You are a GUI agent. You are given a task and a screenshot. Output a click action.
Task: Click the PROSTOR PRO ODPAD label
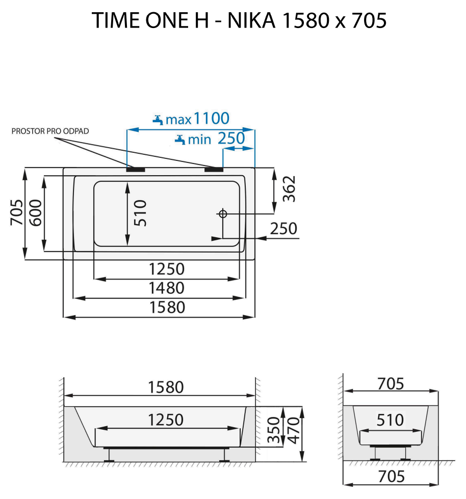pyautogui.click(x=50, y=131)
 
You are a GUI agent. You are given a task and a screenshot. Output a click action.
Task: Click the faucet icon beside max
pyautogui.click(x=158, y=120)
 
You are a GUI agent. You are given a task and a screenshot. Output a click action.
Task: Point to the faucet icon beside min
pyautogui.click(x=179, y=139)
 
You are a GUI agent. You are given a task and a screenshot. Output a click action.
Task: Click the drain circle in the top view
pyautogui.click(x=222, y=214)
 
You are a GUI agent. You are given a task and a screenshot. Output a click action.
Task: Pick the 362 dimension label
pyautogui.click(x=289, y=189)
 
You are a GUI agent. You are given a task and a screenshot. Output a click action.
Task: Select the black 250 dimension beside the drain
pyautogui.click(x=283, y=229)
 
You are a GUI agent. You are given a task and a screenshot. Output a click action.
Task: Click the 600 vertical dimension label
pyautogui.click(x=35, y=214)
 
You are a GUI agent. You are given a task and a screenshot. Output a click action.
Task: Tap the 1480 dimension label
pyautogui.click(x=166, y=288)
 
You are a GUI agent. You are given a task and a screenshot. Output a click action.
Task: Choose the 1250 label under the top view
pyautogui.click(x=166, y=269)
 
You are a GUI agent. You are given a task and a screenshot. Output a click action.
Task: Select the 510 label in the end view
pyautogui.click(x=390, y=420)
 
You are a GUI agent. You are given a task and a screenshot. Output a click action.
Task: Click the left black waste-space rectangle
pyautogui.click(x=136, y=169)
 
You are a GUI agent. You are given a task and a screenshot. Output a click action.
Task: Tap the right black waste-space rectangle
pyautogui.click(x=214, y=169)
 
